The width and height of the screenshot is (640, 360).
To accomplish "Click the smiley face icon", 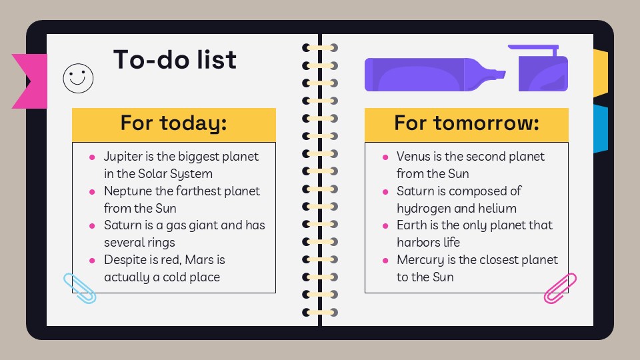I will tap(78, 78).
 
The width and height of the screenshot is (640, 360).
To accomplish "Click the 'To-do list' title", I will tap(175, 60).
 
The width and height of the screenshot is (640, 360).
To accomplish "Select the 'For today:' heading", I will tap(173, 123).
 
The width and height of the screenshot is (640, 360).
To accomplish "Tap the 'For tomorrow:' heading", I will tap(466, 123).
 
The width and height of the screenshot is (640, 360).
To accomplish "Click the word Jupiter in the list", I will tap(124, 157).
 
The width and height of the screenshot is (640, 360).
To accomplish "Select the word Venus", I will tap(414, 157).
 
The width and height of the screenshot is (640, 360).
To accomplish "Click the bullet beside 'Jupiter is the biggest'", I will tap(92, 157).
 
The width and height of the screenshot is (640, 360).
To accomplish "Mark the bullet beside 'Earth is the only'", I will tap(385, 226).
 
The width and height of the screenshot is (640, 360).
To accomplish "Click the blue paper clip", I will tap(79, 288).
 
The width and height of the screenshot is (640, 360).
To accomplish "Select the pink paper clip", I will tap(560, 288).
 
